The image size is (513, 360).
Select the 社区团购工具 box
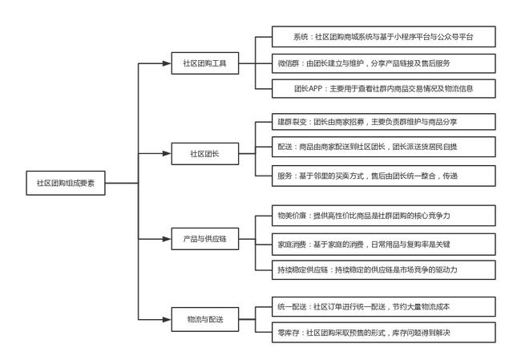tap(205, 63)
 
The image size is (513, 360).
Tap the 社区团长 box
tap(205, 152)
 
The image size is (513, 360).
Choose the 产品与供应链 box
tap(205, 239)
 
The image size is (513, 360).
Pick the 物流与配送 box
tap(205, 319)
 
